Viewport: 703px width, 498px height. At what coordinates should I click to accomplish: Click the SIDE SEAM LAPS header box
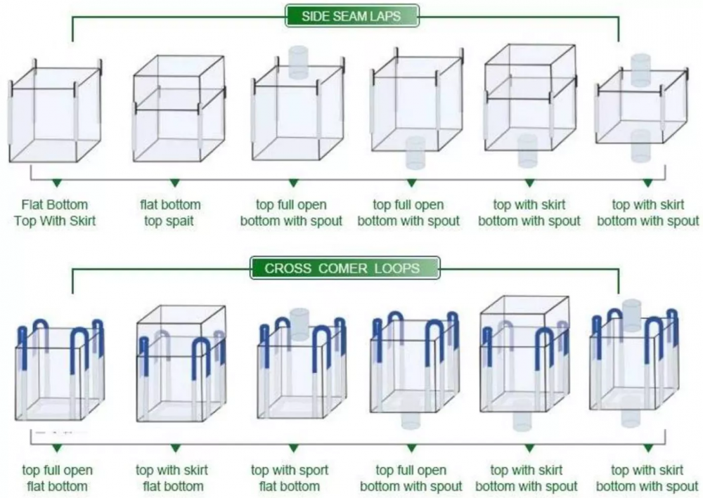tap(352, 16)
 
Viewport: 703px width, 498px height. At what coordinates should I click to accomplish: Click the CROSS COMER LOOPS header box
tap(344, 268)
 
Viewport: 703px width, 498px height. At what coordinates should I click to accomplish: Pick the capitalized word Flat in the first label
tap(32, 204)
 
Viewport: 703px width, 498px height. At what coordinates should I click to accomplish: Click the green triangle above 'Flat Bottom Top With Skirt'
tap(56, 183)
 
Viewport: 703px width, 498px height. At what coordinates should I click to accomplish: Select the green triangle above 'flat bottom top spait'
tap(175, 183)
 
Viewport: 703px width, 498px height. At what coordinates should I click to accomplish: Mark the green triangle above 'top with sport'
tap(293, 448)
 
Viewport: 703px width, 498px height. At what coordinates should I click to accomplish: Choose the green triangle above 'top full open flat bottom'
tap(56, 448)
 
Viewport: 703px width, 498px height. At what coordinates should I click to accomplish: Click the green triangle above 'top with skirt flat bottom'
tap(175, 448)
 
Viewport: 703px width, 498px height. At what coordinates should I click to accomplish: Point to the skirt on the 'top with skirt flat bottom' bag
tap(181, 331)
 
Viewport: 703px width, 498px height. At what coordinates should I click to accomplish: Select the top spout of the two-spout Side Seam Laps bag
tap(640, 70)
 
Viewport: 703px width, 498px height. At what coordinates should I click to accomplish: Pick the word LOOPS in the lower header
tap(396, 268)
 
